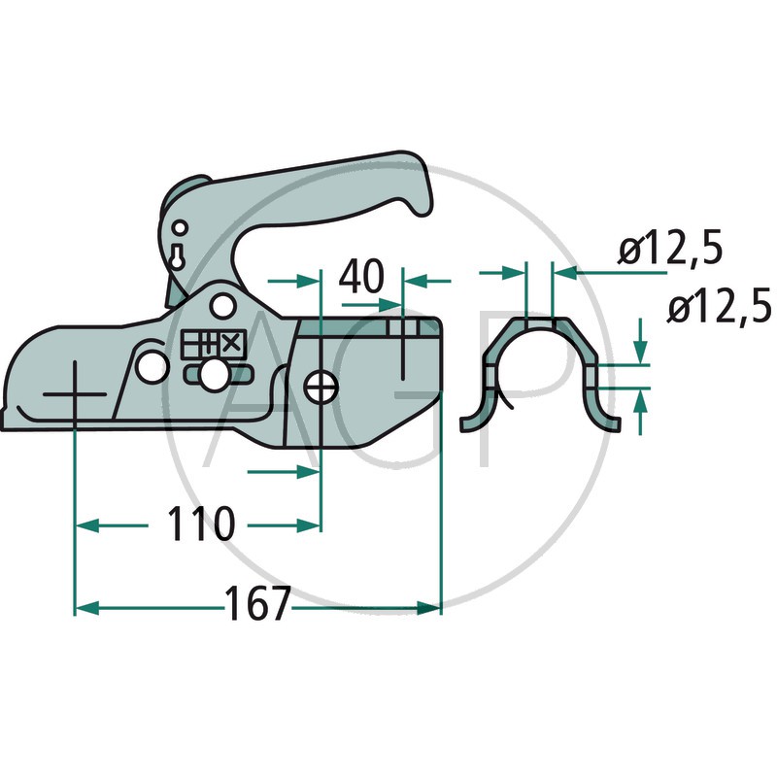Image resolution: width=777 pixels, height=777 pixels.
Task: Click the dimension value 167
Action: click(x=257, y=603)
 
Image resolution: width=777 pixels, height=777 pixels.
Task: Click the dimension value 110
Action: click(x=200, y=524)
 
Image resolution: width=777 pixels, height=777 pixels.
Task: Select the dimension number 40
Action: click(x=361, y=276)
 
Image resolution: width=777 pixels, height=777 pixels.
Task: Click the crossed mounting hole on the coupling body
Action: click(x=320, y=387)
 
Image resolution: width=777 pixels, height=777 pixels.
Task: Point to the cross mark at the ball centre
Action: click(x=75, y=394)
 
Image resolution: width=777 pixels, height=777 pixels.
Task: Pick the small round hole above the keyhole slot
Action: click(x=181, y=228)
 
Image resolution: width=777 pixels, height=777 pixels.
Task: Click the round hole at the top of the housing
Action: click(x=222, y=306)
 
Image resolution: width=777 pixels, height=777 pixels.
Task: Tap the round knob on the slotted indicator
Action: click(x=214, y=374)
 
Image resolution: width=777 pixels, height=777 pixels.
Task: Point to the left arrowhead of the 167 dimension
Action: click(x=86, y=608)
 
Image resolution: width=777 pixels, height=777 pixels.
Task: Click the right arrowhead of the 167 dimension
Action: click(x=428, y=608)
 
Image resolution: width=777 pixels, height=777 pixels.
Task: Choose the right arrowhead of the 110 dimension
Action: click(x=309, y=525)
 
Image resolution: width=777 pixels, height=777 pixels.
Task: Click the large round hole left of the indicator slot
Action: click(x=152, y=368)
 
